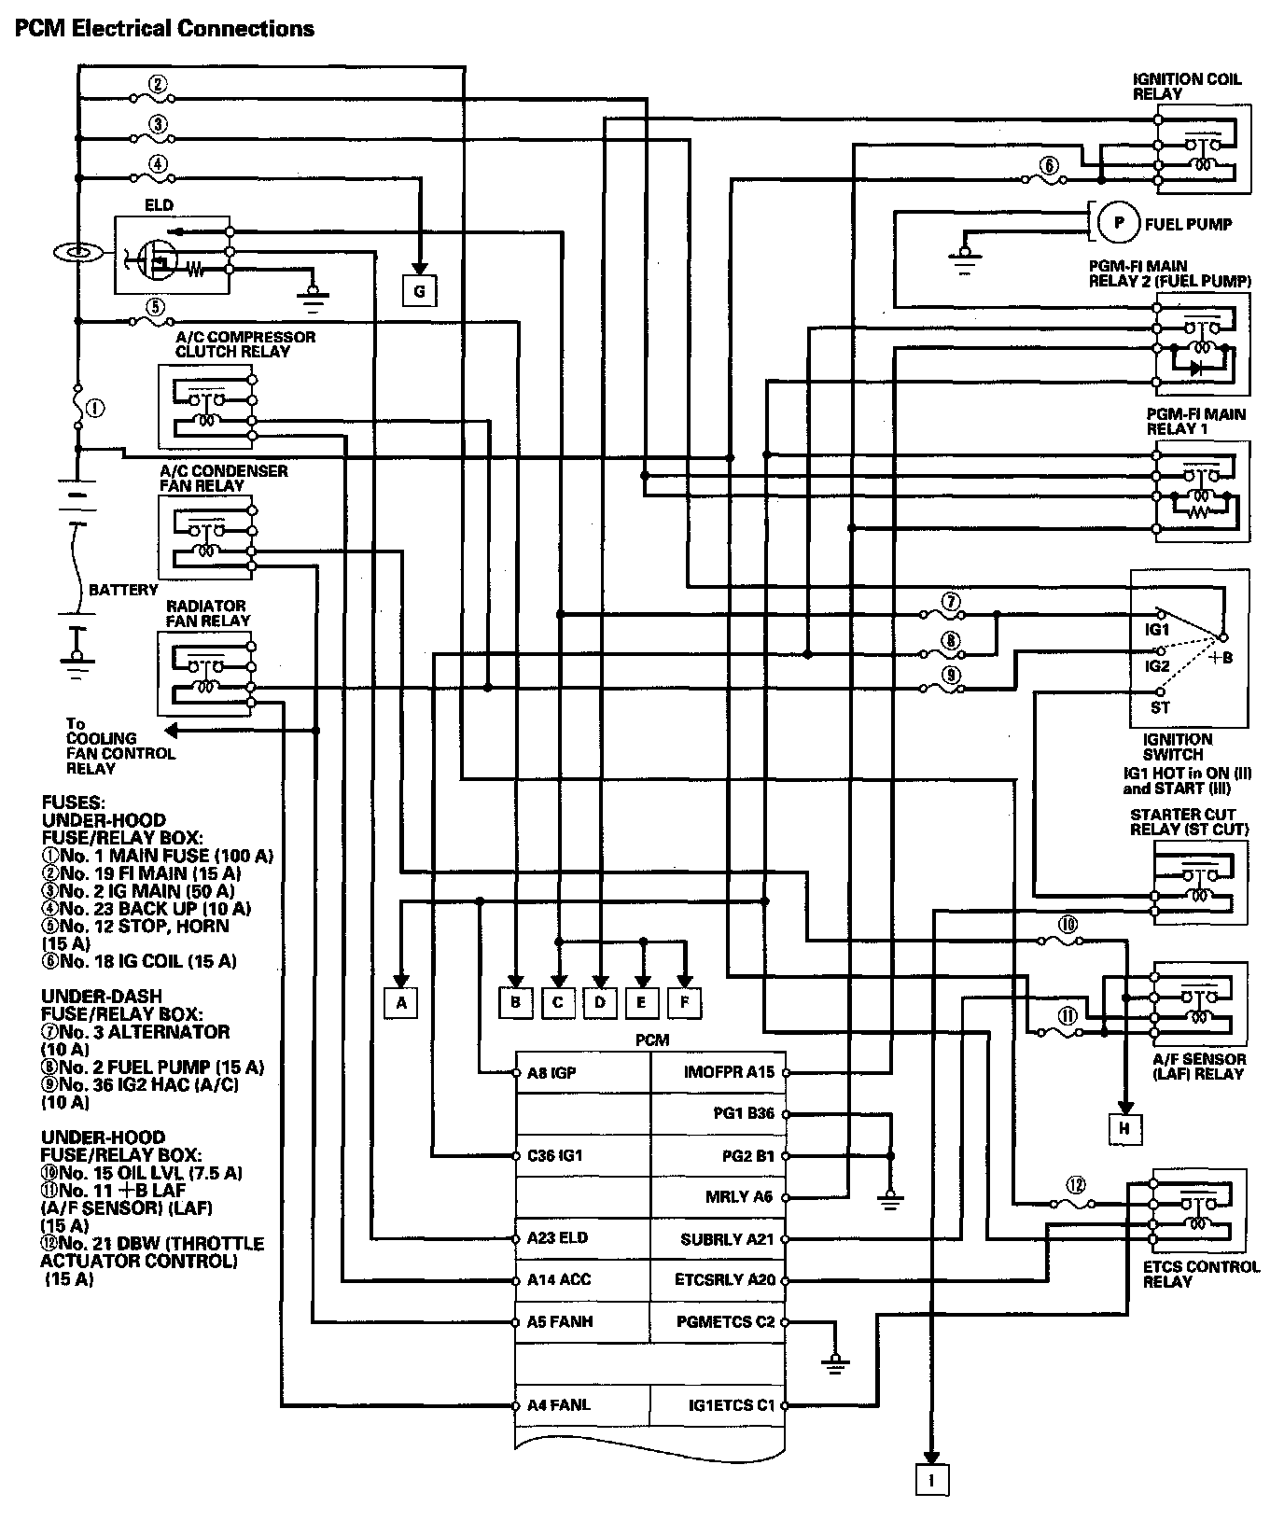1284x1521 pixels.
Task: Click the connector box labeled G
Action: pyautogui.click(x=419, y=292)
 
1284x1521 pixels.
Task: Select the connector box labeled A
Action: pyautogui.click(x=401, y=1003)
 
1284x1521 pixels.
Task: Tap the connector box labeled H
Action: pyautogui.click(x=1124, y=1129)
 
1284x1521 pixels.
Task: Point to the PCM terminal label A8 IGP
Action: pyautogui.click(x=551, y=1073)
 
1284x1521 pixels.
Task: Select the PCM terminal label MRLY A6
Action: pyautogui.click(x=739, y=1197)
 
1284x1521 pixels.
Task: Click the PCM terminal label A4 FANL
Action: pyautogui.click(x=558, y=1405)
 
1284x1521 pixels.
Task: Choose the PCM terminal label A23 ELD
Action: pyautogui.click(x=557, y=1239)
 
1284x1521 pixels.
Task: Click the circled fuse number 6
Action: pyautogui.click(x=1050, y=166)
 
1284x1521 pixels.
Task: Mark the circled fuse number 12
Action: pyautogui.click(x=1076, y=1186)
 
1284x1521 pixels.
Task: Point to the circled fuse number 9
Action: pyautogui.click(x=951, y=675)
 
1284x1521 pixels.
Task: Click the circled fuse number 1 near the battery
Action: pyautogui.click(x=95, y=409)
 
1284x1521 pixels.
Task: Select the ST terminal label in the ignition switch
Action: pyautogui.click(x=1160, y=707)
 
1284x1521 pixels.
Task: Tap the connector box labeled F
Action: pyautogui.click(x=684, y=1003)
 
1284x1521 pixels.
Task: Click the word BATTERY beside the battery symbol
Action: pyautogui.click(x=123, y=590)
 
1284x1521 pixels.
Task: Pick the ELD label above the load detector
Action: pyautogui.click(x=159, y=205)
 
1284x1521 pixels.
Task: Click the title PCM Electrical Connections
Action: pyautogui.click(x=164, y=28)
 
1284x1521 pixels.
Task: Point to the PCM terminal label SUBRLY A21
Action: pyautogui.click(x=728, y=1239)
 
